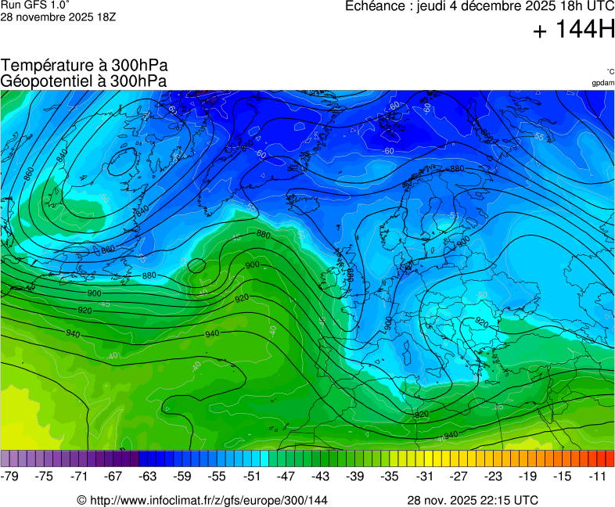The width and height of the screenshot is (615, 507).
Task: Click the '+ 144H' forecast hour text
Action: [574, 31]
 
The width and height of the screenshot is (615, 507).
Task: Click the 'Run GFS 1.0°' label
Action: [30, 5]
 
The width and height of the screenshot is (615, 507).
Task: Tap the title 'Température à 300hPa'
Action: [84, 66]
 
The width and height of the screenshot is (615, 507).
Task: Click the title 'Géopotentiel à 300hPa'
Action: [84, 81]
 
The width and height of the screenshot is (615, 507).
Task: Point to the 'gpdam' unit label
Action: [602, 83]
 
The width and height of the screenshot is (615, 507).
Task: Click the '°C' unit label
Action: [610, 72]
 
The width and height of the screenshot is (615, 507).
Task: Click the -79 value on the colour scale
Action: [10, 476]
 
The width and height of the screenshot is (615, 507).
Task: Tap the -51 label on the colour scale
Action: [252, 476]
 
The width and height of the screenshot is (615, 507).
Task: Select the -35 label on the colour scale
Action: [390, 476]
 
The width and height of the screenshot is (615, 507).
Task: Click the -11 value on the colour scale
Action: [597, 476]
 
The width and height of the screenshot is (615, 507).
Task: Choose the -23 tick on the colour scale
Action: [493, 476]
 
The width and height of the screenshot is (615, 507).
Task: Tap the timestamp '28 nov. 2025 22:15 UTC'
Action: [472, 500]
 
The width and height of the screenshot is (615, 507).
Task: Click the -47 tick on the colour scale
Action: [286, 476]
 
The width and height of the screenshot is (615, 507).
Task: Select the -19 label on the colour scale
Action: [528, 476]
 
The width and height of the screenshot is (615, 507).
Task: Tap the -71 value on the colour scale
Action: [79, 476]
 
